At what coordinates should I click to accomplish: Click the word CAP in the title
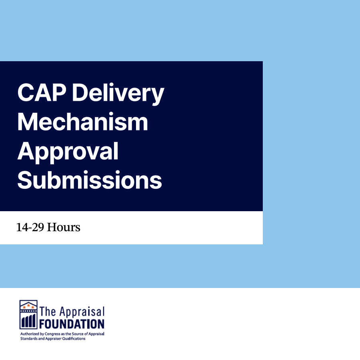42,92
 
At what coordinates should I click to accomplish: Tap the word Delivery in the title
118,94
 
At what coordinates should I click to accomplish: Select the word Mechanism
82,122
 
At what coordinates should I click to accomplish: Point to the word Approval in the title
68,152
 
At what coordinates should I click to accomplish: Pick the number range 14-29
30,227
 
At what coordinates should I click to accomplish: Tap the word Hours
64,227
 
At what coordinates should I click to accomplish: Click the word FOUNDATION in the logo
72,324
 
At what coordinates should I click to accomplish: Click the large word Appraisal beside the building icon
82,312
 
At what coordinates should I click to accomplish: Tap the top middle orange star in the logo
28,305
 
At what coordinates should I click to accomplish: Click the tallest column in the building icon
34,321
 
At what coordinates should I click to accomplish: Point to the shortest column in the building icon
23,323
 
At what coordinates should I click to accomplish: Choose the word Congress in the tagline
52,334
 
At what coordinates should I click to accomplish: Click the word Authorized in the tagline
30,334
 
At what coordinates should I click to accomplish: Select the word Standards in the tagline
29,338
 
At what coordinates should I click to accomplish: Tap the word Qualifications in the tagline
74,339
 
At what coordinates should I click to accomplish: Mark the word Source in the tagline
78,334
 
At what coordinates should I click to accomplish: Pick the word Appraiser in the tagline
53,339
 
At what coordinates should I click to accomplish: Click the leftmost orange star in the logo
24,307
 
